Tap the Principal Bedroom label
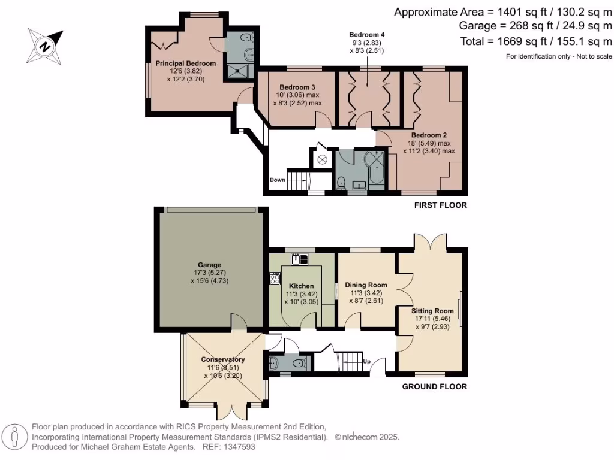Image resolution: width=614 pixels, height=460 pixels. [185, 63]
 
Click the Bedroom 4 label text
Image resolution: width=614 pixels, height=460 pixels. [366, 35]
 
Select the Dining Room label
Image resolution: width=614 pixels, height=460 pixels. [366, 285]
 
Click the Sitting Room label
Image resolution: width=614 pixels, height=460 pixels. [432, 311]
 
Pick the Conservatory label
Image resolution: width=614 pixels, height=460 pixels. [223, 359]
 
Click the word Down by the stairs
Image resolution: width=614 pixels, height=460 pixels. [278, 180]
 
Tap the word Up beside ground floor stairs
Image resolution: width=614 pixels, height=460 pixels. [368, 361]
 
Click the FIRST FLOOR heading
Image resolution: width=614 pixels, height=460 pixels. [440, 205]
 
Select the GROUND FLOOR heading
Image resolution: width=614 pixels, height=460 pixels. [434, 386]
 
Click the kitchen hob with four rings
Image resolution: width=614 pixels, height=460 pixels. [275, 279]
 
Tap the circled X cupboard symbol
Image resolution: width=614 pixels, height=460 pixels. [323, 159]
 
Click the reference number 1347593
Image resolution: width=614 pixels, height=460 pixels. [238, 447]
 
